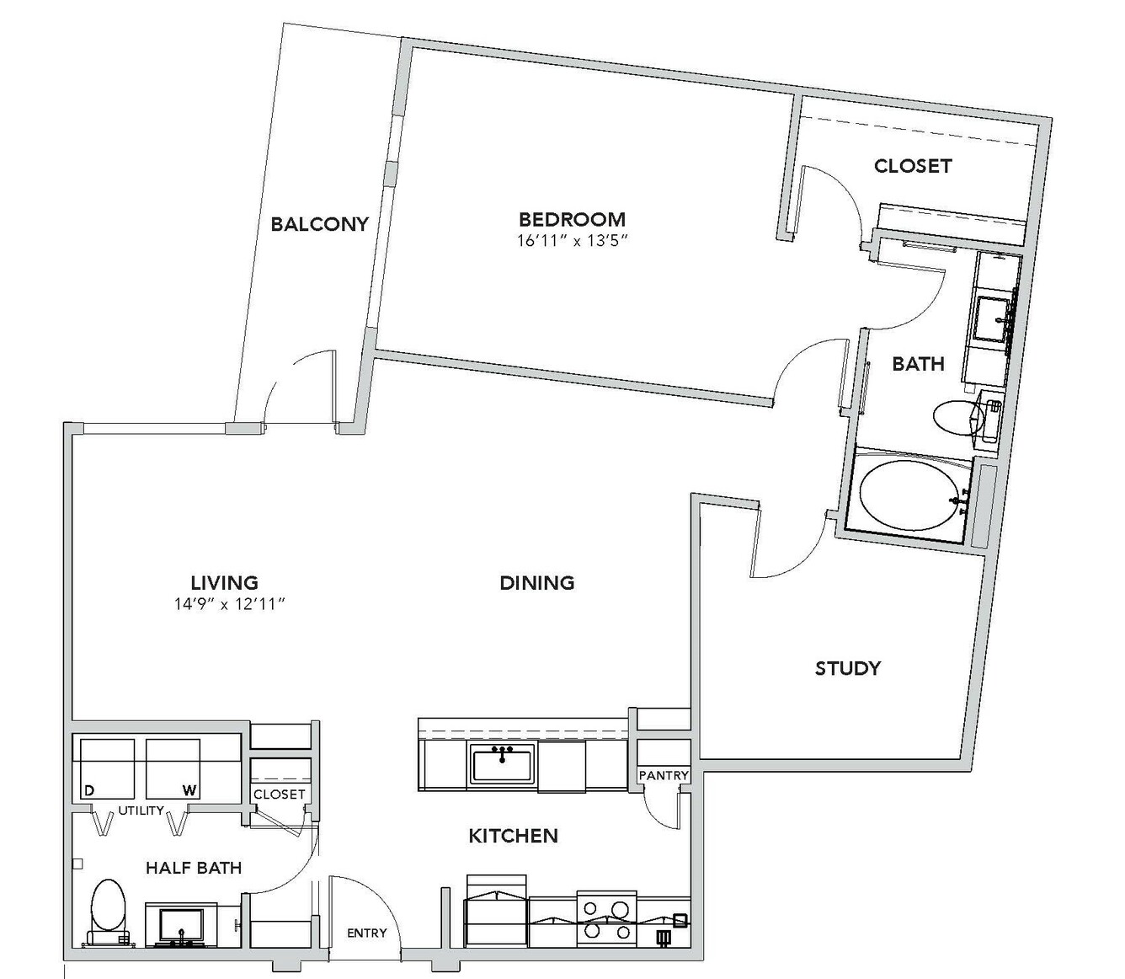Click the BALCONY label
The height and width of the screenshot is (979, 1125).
319,224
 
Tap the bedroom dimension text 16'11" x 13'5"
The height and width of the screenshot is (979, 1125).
572,241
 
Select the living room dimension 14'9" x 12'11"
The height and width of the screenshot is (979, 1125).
230,604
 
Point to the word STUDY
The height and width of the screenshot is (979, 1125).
847,668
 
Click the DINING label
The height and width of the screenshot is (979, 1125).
536,582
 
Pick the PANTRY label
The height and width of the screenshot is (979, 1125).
664,775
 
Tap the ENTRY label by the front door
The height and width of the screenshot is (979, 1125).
367,933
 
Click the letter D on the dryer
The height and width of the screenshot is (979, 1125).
89,790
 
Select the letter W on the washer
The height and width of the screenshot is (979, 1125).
189,790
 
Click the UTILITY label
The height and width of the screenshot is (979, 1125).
141,810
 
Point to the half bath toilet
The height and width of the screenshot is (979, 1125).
108,914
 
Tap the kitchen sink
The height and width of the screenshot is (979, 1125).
502,762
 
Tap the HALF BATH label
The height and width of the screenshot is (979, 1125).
194,868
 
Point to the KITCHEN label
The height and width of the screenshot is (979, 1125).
513,836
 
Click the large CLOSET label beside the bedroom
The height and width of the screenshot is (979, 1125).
913,166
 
